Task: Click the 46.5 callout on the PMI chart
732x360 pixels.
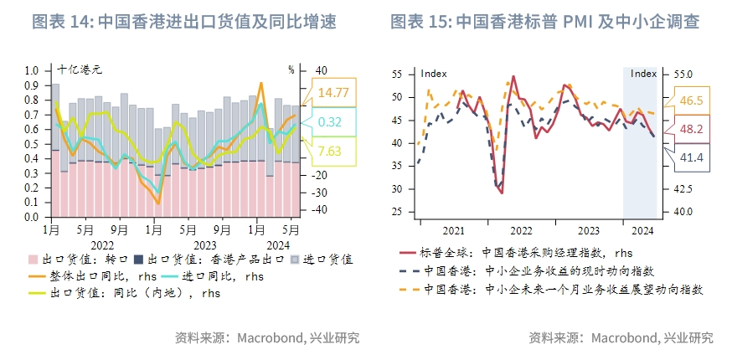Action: click(692, 100)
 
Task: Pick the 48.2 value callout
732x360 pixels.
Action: click(692, 129)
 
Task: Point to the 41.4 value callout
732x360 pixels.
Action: click(692, 157)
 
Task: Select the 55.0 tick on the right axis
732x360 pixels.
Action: click(683, 75)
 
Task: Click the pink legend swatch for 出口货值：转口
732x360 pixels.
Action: click(33, 260)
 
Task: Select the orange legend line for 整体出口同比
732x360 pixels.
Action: click(39, 276)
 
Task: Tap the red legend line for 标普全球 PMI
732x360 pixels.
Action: click(408, 251)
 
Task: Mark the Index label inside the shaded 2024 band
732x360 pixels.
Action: click(643, 74)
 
